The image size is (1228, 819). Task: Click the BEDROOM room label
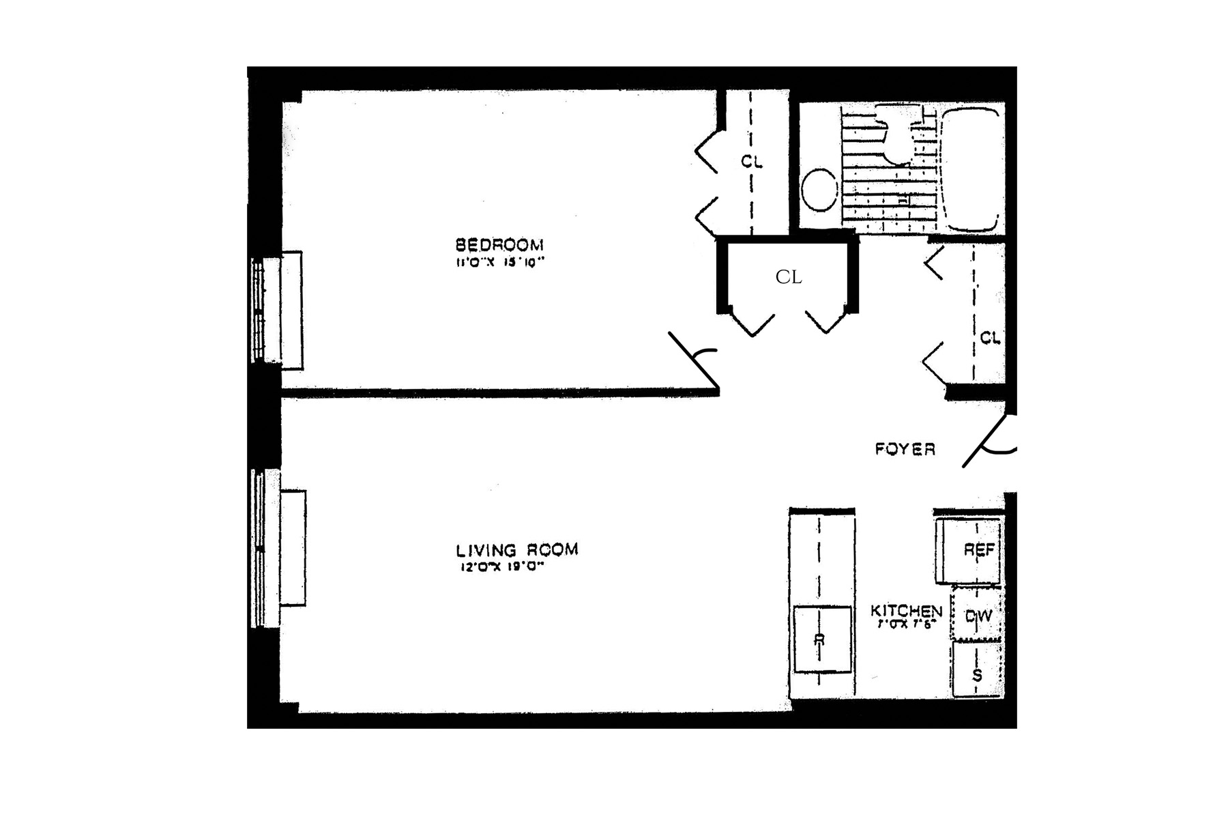point(499,244)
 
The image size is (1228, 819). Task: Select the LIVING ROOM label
point(516,549)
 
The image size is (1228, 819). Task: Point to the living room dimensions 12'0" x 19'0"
point(503,566)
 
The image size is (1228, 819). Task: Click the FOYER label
point(905,449)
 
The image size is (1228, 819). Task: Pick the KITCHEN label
point(906,611)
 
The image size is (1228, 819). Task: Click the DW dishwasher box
point(977,616)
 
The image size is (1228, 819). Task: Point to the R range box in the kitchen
point(822,640)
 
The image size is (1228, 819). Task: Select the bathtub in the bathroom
point(971,169)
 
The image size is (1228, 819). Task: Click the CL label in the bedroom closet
point(751,162)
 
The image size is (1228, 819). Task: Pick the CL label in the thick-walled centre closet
point(789,277)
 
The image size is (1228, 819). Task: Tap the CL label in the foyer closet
point(989,338)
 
